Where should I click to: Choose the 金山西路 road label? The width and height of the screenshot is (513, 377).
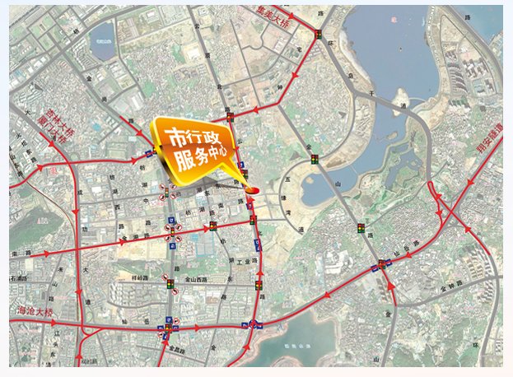[x=200, y=280]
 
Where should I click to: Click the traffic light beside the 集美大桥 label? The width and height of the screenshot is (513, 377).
[x=318, y=35]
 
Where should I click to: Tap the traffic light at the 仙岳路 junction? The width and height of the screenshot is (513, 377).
[x=384, y=265]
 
